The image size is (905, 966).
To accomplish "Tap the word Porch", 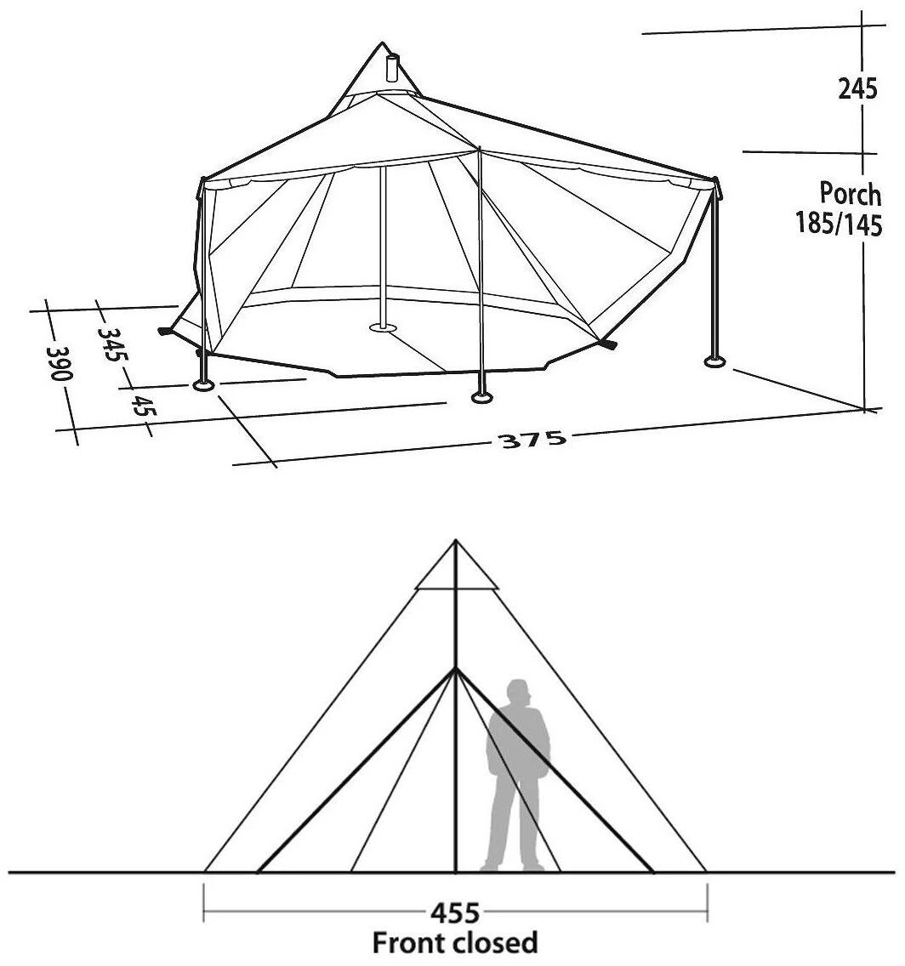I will (850, 194).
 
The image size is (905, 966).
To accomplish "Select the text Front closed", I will (455, 942).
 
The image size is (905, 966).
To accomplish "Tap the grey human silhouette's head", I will (516, 694).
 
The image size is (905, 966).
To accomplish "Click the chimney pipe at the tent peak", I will (393, 70).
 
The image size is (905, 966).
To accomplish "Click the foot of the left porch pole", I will (204, 387).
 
